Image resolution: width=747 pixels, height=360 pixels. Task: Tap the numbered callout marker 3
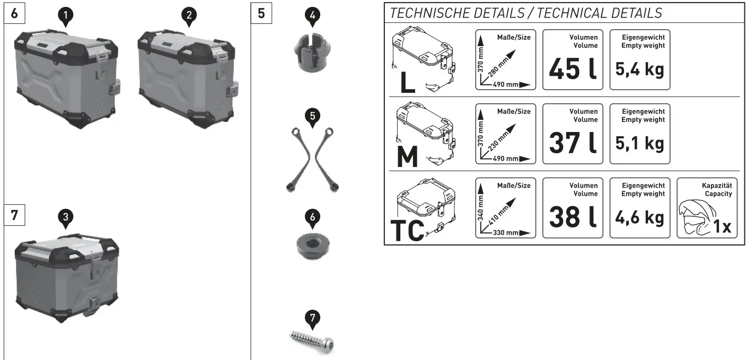pyautogui.click(x=65, y=217)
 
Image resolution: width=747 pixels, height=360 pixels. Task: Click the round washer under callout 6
pyautogui.click(x=312, y=247)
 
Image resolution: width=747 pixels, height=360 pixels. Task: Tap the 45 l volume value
pyautogui.click(x=573, y=69)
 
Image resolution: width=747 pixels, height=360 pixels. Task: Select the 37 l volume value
pyautogui.click(x=573, y=143)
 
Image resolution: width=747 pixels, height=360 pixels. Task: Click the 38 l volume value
pyautogui.click(x=573, y=217)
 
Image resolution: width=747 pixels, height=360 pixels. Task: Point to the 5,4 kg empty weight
pyautogui.click(x=640, y=69)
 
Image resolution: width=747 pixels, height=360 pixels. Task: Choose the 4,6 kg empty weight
pyautogui.click(x=640, y=217)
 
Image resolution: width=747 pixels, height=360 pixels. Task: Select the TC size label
pyautogui.click(x=408, y=230)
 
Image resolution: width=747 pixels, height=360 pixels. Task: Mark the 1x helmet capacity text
pyautogui.click(x=722, y=227)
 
